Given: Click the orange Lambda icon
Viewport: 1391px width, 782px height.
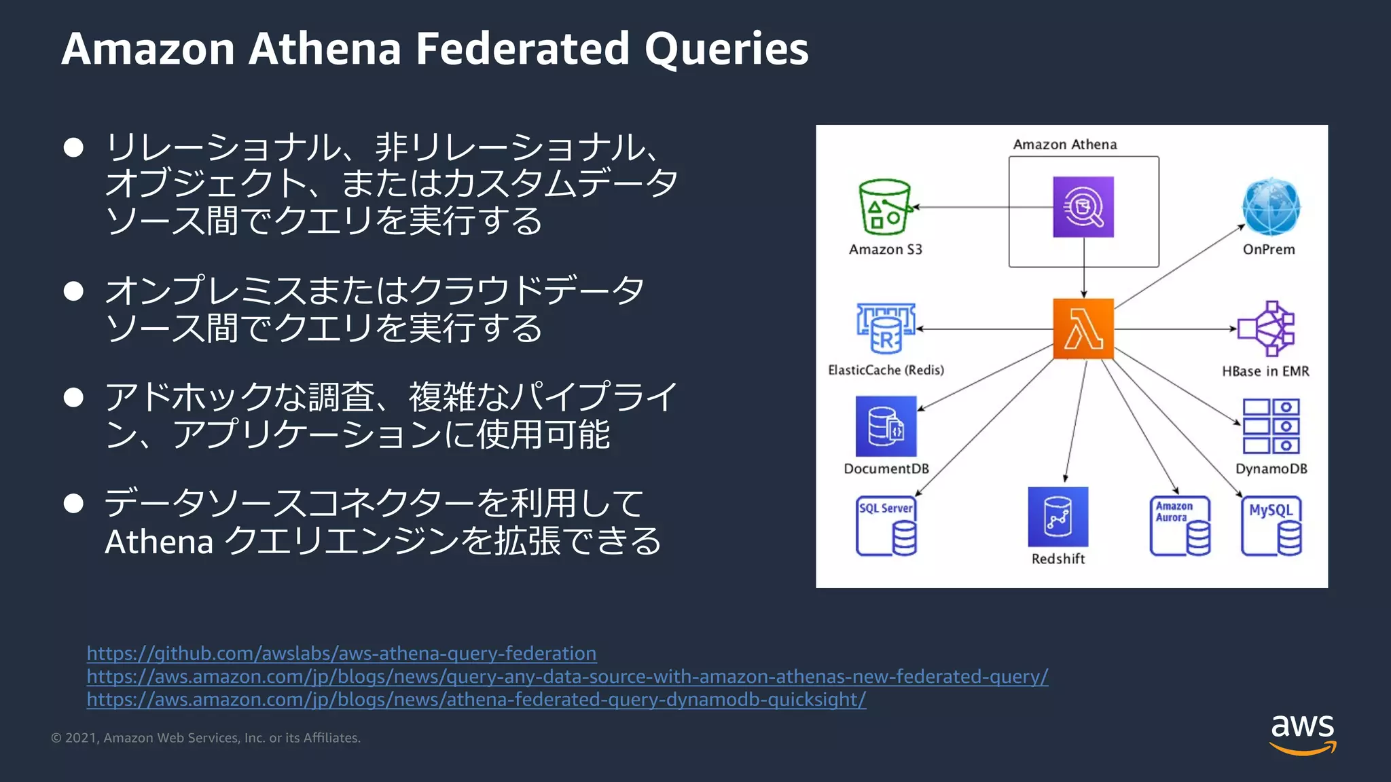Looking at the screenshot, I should click(x=1083, y=329).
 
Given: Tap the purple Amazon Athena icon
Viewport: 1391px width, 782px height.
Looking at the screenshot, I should click(x=1083, y=207).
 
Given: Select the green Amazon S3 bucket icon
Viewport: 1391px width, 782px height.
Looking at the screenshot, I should click(x=885, y=206).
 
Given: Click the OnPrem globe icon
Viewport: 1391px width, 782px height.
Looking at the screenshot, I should click(x=1271, y=207).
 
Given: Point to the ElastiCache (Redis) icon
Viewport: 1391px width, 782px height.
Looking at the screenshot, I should click(x=886, y=329).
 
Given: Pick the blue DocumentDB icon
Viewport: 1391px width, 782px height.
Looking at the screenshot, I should click(x=886, y=426).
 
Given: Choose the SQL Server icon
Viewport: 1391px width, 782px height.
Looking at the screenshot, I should click(x=886, y=526).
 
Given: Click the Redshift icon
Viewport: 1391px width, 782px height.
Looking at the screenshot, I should click(x=1058, y=517).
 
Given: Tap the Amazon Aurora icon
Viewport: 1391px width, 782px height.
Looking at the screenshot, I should click(x=1180, y=526).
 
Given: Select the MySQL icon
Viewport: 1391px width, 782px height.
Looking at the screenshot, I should click(x=1271, y=526).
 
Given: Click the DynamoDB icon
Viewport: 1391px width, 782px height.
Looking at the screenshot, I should click(x=1271, y=426).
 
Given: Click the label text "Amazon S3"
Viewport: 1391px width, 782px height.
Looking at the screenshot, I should click(x=885, y=250).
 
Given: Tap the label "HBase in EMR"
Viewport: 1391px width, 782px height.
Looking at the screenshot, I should click(x=1265, y=371).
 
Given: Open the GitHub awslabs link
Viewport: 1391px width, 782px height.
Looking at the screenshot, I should click(x=342, y=653).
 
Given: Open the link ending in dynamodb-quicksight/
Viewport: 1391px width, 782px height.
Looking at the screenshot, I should click(x=476, y=699).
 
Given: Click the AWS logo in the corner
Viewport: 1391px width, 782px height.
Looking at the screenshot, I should click(x=1302, y=733).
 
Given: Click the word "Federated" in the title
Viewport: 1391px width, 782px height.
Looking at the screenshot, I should click(x=522, y=49).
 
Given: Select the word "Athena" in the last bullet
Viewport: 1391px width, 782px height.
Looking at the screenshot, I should click(x=160, y=542).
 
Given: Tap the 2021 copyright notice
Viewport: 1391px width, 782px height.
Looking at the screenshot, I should click(x=206, y=738).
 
